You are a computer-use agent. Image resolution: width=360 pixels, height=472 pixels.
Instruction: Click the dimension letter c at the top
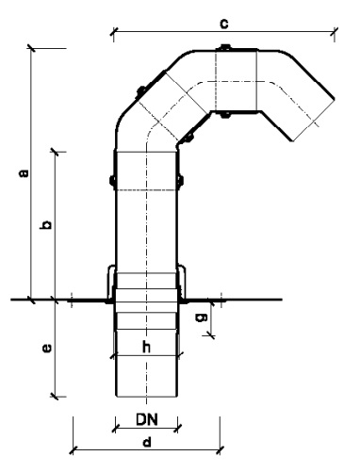pyautogui.click(x=224, y=24)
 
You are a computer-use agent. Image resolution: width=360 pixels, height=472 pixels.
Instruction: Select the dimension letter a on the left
pyautogui.click(x=24, y=173)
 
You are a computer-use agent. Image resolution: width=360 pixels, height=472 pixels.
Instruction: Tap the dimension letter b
pyautogui.click(x=46, y=224)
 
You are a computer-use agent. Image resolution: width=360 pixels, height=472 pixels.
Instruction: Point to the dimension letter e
pyautogui.click(x=47, y=348)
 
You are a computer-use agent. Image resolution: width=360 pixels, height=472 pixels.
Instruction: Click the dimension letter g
pyautogui.click(x=202, y=317)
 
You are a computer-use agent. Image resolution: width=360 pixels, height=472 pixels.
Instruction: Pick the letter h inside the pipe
pyautogui.click(x=146, y=347)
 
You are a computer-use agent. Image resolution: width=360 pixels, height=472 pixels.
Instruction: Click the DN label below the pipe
pyautogui.click(x=147, y=419)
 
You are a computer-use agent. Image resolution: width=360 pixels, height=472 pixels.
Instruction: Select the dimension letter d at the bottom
pyautogui.click(x=147, y=442)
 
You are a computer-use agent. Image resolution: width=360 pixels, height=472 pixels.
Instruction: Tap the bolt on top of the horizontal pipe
pyautogui.click(x=224, y=48)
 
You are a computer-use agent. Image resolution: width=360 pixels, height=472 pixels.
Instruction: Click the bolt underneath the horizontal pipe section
pyautogui.click(x=224, y=115)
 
